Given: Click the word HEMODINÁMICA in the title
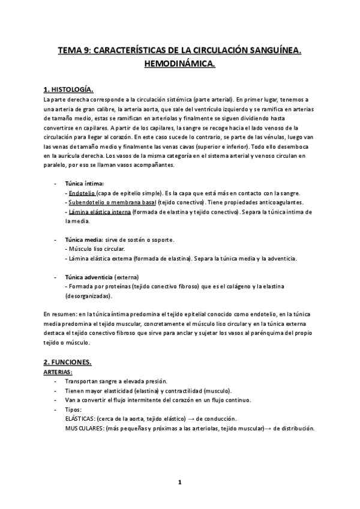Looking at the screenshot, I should [x=179, y=62].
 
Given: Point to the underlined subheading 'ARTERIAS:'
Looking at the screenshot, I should [x=58, y=373].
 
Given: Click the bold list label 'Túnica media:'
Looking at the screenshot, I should [x=84, y=239].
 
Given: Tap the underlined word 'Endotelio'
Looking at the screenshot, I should [x=82, y=193].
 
